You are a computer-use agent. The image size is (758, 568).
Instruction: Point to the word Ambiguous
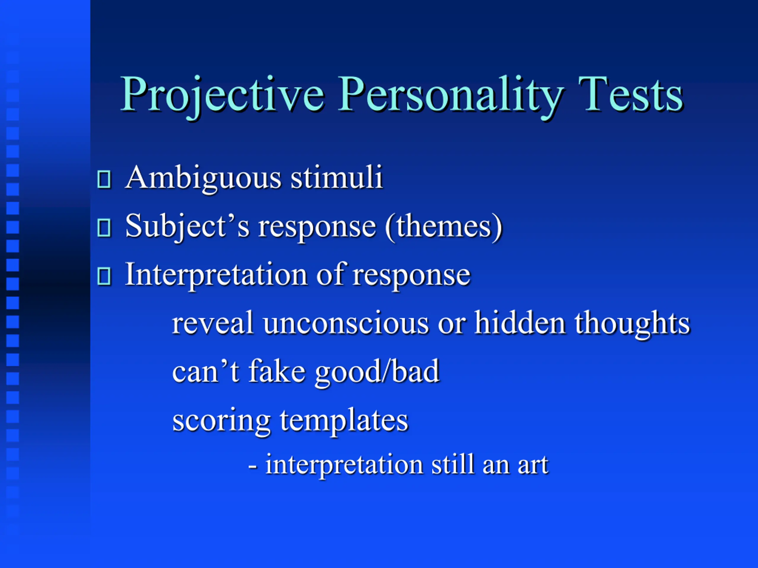pyautogui.click(x=203, y=179)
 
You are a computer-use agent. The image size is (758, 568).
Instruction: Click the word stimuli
pyautogui.click(x=336, y=177)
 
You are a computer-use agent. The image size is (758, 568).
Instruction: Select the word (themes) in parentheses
pyautogui.click(x=444, y=227)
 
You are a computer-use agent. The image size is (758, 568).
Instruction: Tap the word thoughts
pyautogui.click(x=632, y=324)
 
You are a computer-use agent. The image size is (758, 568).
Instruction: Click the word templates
pyautogui.click(x=344, y=421)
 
